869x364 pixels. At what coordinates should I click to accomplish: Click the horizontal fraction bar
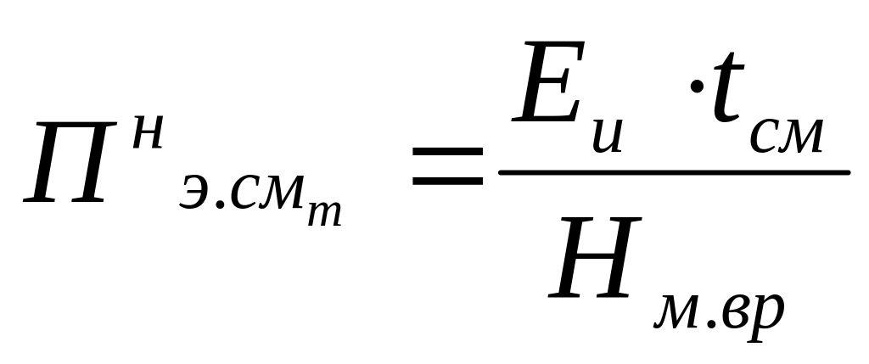coord(674,172)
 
